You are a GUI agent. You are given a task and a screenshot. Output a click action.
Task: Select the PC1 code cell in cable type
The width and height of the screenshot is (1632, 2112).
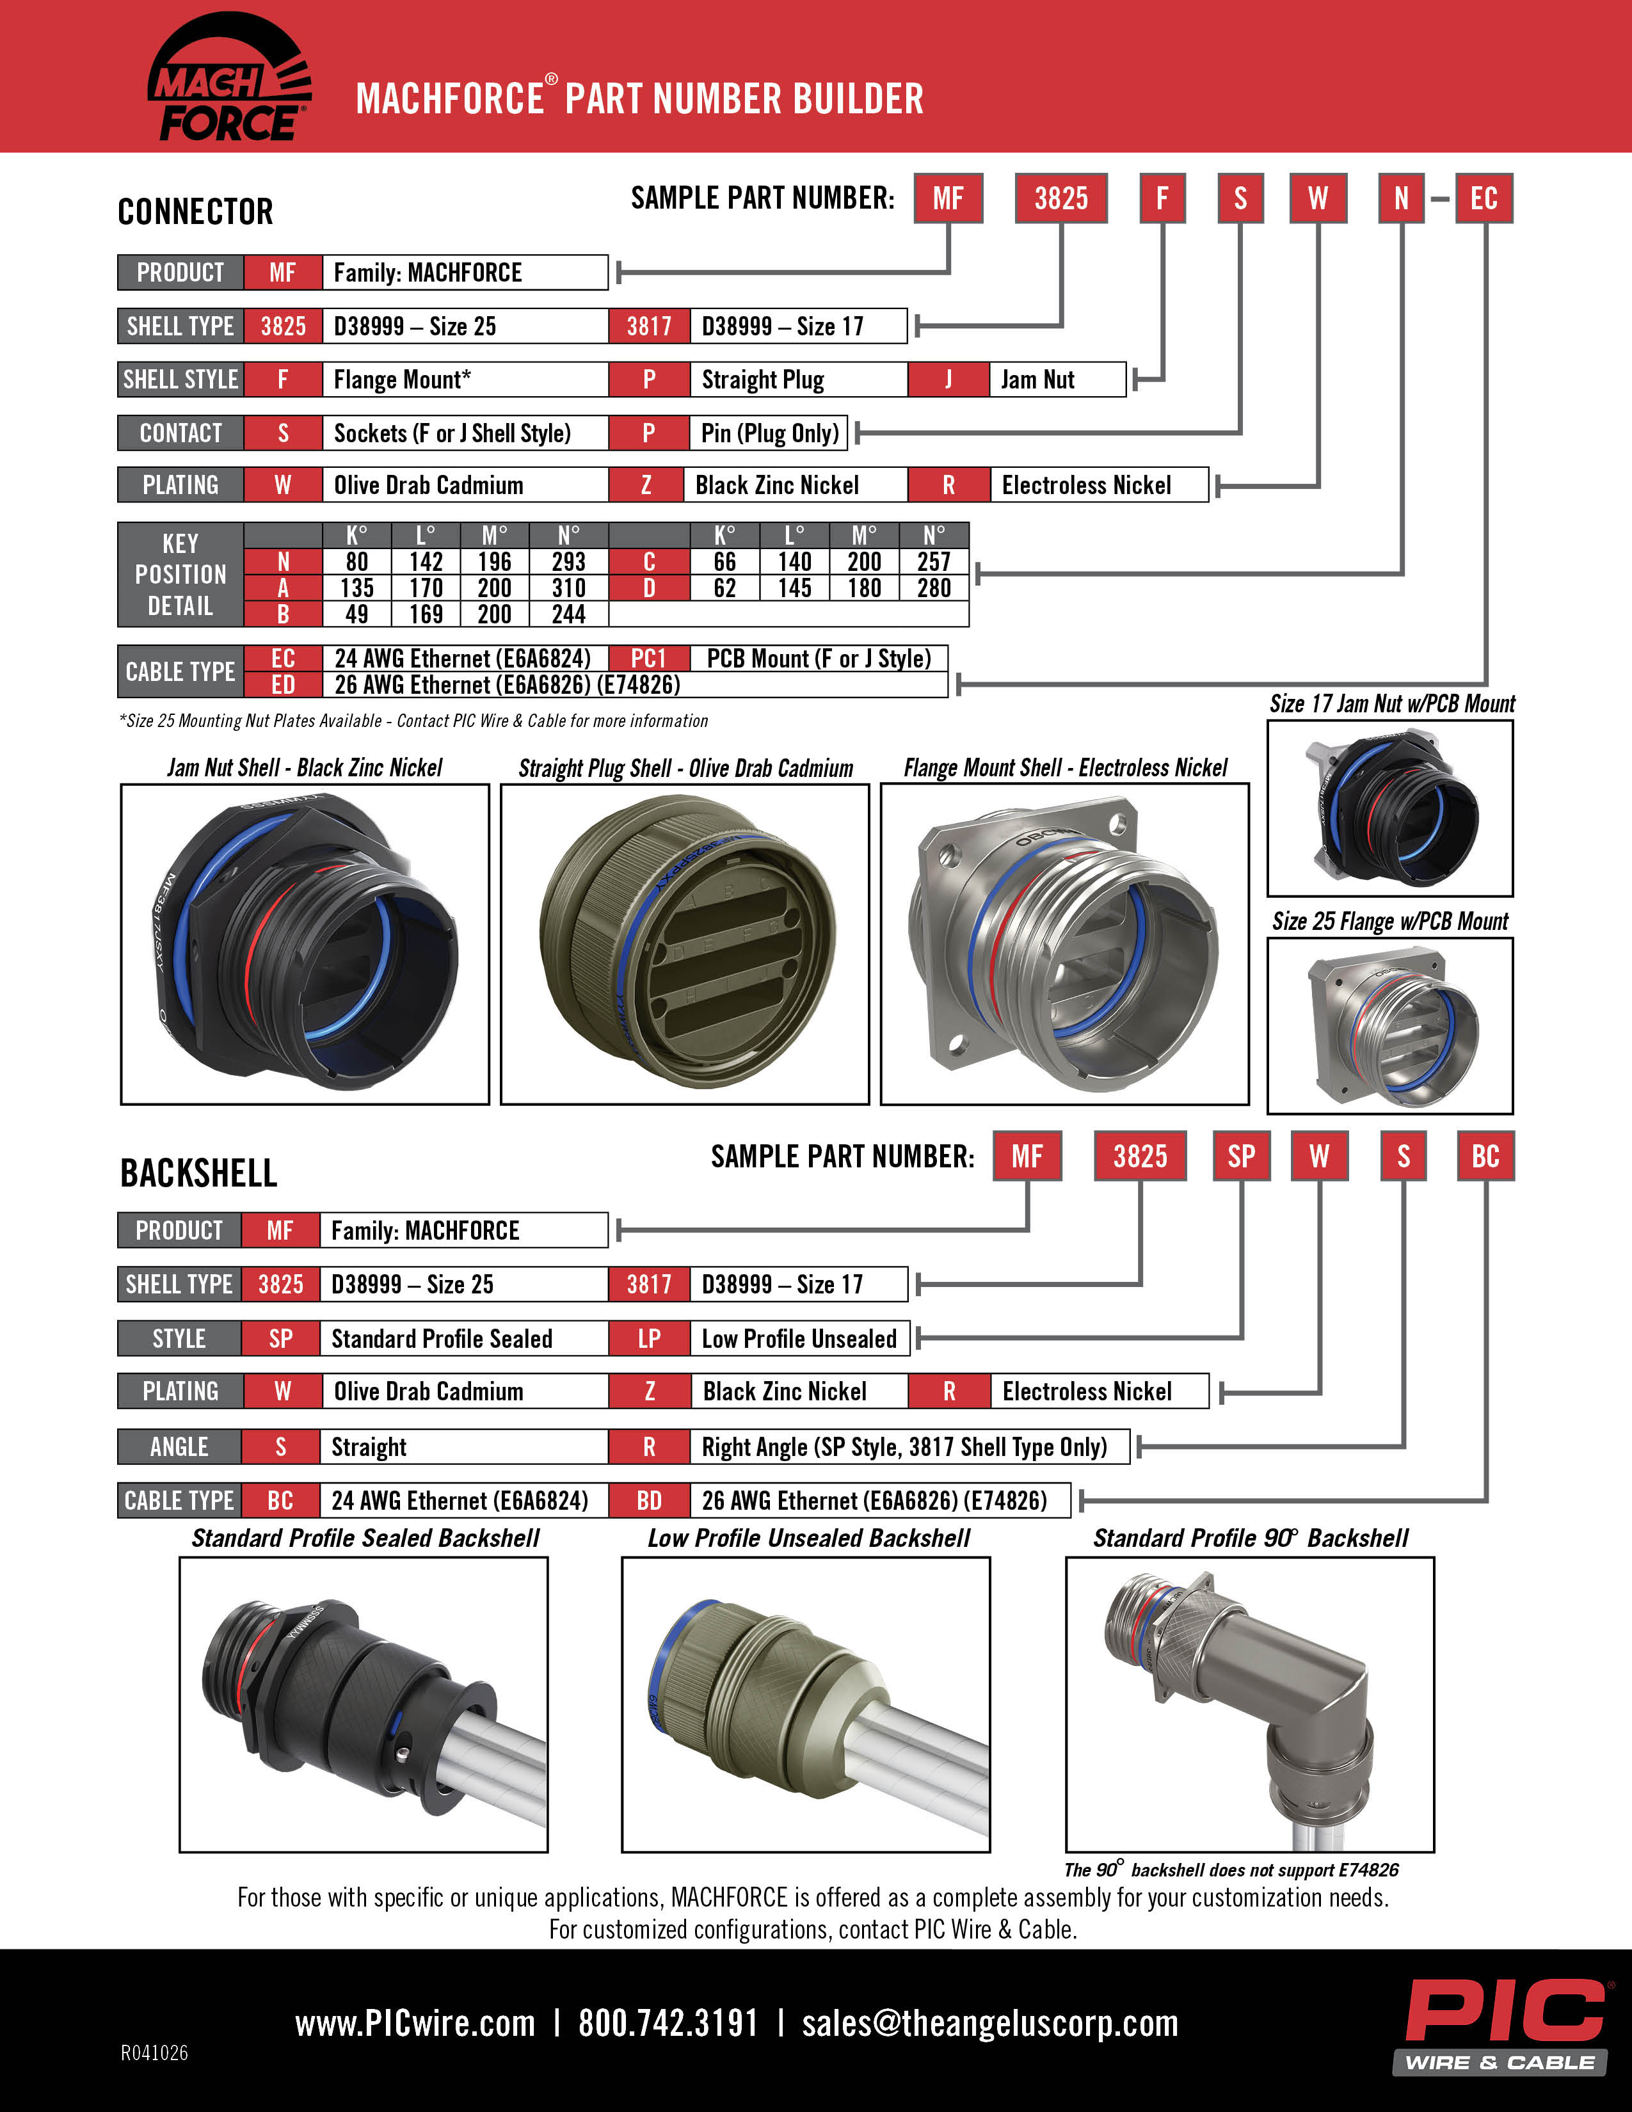click(x=649, y=659)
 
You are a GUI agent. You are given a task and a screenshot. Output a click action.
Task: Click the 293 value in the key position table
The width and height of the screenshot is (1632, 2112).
click(x=568, y=562)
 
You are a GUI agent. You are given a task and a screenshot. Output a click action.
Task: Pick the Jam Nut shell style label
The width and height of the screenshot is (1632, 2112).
click(x=1037, y=379)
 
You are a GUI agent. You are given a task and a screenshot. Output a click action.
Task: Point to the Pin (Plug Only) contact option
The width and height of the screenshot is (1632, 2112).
click(x=769, y=432)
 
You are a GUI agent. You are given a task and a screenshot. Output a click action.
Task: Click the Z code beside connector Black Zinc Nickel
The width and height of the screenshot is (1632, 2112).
click(x=647, y=484)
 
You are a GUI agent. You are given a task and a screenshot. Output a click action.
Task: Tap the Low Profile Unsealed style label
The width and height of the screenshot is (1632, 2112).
click(x=799, y=1338)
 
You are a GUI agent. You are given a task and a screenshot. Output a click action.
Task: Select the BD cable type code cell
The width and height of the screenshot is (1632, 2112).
click(x=649, y=1500)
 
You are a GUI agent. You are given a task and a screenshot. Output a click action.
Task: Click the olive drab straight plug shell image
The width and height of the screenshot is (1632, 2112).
click(x=685, y=943)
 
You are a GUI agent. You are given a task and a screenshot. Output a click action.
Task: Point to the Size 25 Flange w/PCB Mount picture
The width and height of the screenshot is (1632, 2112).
click(x=1389, y=1025)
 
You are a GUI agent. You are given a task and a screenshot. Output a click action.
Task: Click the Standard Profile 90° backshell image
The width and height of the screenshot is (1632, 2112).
click(x=1249, y=1704)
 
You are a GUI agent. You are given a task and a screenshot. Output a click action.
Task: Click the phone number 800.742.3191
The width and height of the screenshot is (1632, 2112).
click(x=668, y=2023)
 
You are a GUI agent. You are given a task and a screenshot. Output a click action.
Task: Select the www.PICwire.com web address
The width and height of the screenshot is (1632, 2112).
click(x=415, y=2023)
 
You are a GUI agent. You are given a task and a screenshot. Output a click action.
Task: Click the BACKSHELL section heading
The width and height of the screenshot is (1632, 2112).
click(x=198, y=1173)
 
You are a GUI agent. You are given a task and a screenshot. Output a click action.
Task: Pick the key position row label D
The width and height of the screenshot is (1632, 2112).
click(x=649, y=588)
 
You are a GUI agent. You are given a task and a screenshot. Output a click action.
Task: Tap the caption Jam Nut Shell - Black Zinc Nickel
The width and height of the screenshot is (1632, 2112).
click(x=305, y=768)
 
